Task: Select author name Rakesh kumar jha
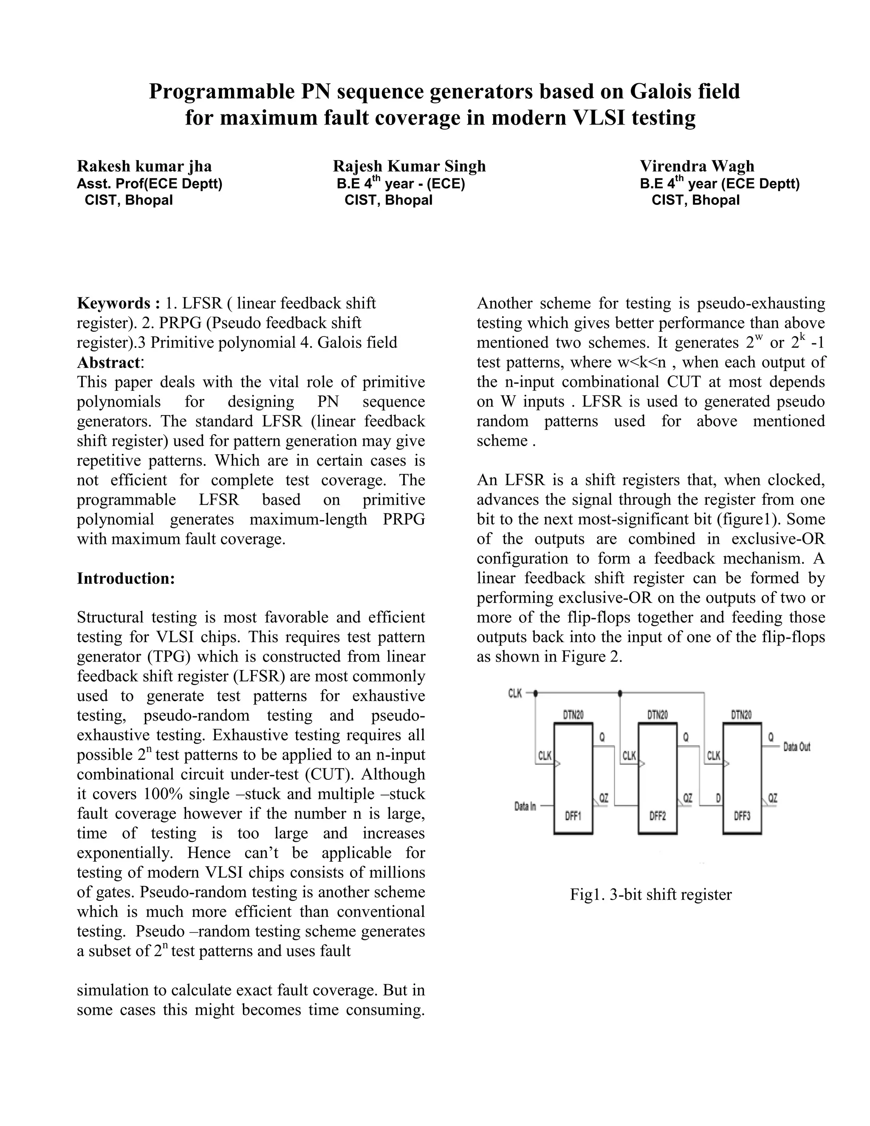(144, 166)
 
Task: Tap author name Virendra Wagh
(697, 166)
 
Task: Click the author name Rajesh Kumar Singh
(409, 166)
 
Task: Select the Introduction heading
(126, 578)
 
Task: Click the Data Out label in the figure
(797, 747)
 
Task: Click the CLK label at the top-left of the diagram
(515, 693)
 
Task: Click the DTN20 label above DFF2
(657, 715)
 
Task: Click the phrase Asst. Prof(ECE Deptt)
(150, 184)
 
